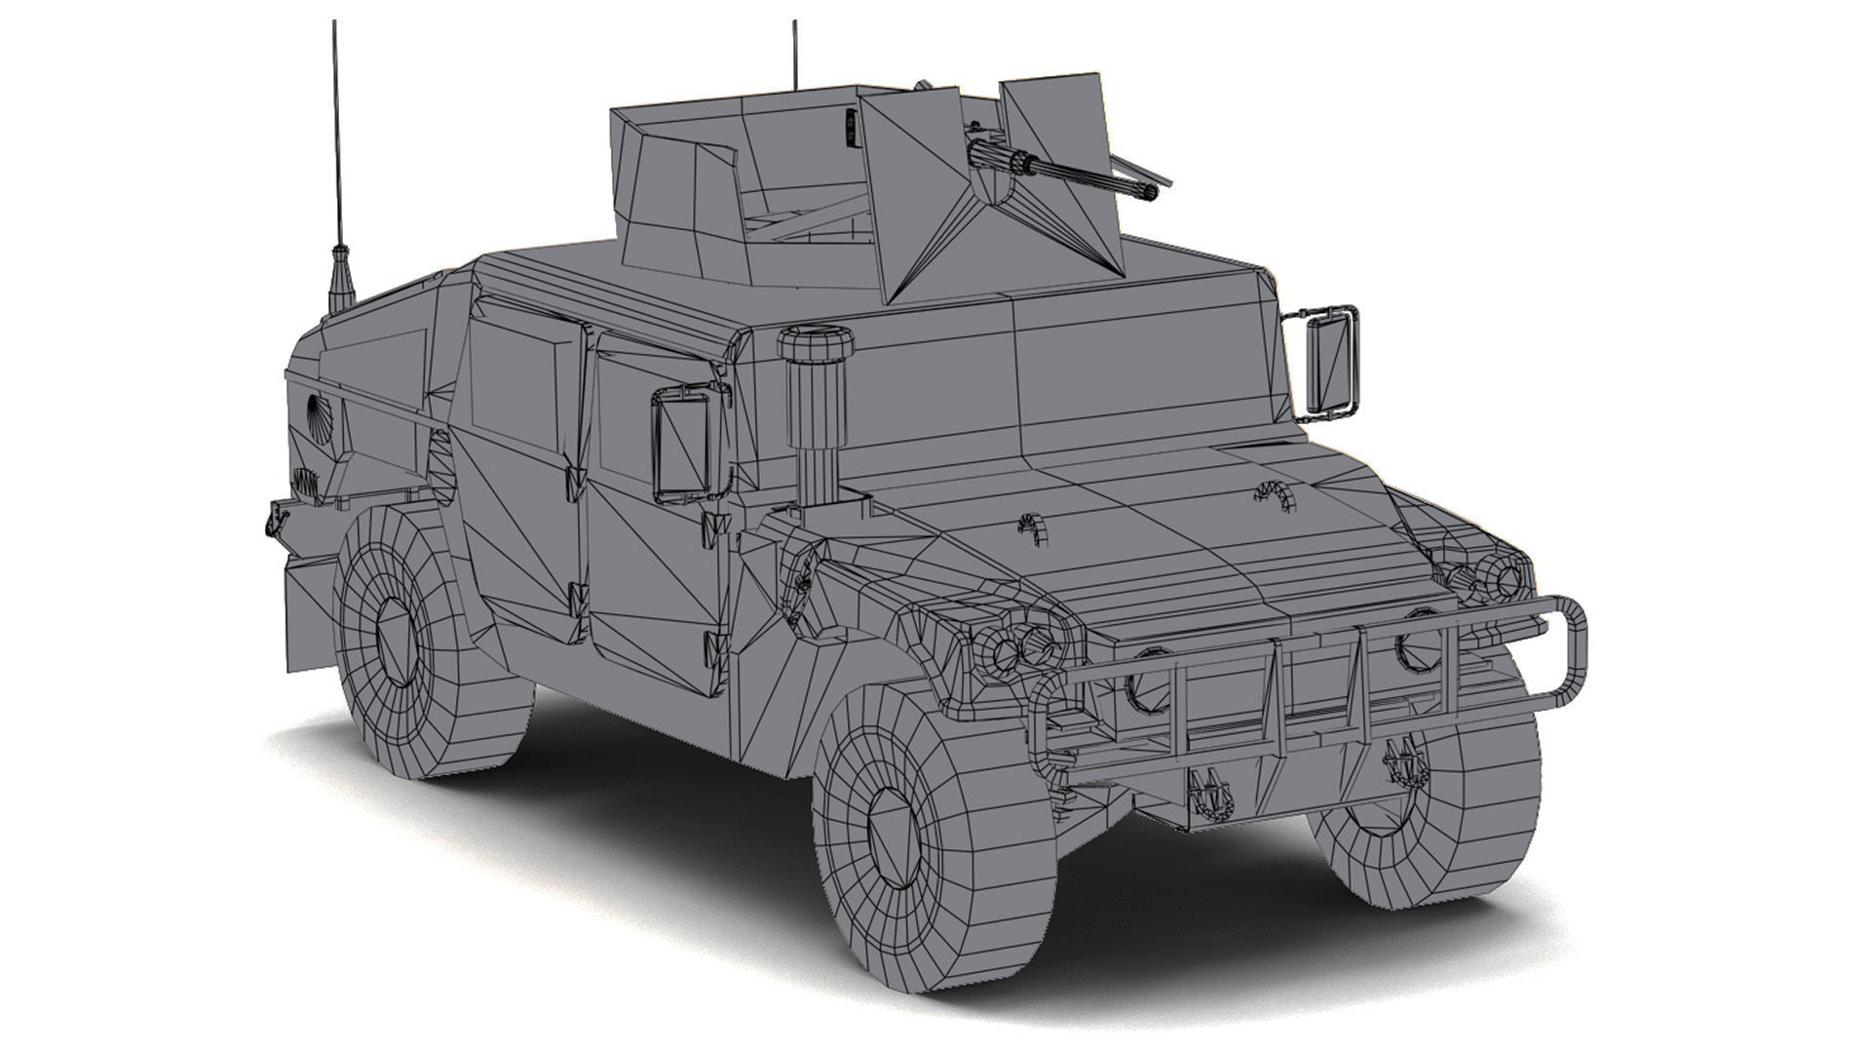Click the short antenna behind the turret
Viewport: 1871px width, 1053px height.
795,54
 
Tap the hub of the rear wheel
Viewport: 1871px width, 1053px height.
396,643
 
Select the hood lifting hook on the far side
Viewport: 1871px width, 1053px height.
1272,492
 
